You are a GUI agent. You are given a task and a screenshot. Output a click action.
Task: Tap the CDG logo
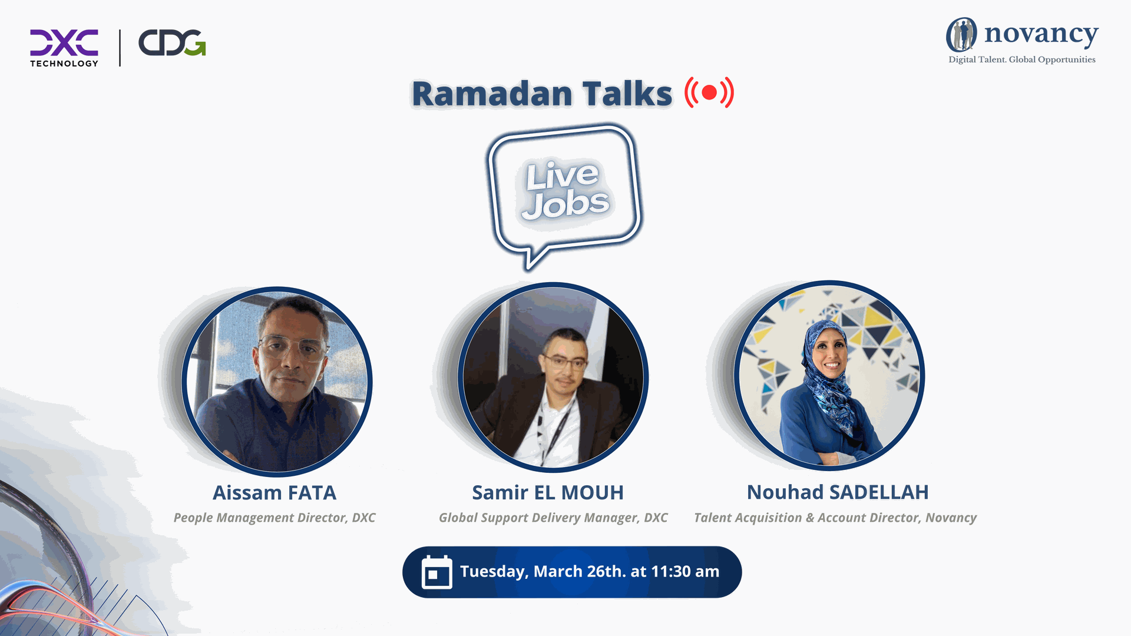tap(172, 43)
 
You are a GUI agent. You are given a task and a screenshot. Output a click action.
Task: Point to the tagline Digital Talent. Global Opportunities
tap(1022, 59)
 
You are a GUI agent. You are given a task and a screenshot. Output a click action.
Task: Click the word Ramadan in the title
tap(492, 94)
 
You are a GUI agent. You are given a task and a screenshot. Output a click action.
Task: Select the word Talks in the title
tap(627, 94)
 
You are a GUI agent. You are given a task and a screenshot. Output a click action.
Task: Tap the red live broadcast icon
tap(709, 92)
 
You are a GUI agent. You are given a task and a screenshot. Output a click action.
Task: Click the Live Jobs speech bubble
tap(564, 194)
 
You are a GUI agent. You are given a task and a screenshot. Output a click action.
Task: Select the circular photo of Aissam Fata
tap(277, 382)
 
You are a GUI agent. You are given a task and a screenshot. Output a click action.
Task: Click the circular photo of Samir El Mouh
tap(553, 377)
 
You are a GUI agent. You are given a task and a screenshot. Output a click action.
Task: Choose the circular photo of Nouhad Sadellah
tap(829, 376)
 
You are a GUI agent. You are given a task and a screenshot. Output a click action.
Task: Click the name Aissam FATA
tap(275, 493)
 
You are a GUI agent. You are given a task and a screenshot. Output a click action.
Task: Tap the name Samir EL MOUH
tap(548, 493)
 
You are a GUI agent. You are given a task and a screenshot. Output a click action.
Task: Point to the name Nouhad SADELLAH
tap(838, 492)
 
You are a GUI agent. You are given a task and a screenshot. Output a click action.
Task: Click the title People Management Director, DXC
tap(275, 518)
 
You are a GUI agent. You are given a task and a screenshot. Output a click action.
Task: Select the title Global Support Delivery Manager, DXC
tap(553, 518)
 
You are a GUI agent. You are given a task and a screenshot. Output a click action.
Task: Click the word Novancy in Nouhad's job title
tap(951, 518)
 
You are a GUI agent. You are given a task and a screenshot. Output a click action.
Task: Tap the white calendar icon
tap(437, 572)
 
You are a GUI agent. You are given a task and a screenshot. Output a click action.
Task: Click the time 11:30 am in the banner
tap(685, 571)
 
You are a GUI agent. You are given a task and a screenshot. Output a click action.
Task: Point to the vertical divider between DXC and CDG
tap(120, 48)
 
